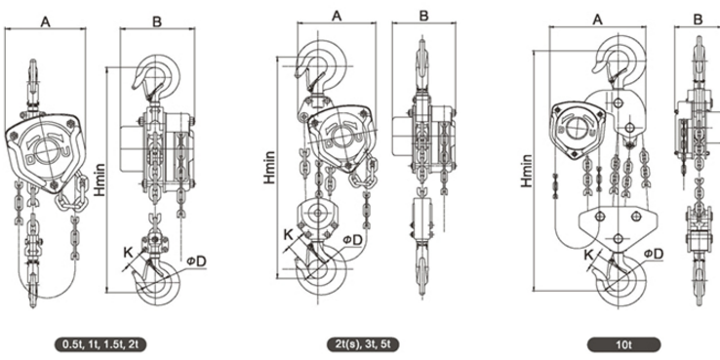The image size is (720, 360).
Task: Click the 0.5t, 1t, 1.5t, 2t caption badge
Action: pyautogui.click(x=100, y=344)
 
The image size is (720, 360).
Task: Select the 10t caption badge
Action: pyautogui.click(x=623, y=344)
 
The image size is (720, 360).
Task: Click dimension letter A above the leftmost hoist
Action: pyautogui.click(x=45, y=21)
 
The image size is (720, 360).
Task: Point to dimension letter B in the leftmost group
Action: pyautogui.click(x=157, y=21)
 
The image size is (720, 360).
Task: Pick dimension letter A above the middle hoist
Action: pyautogui.click(x=337, y=16)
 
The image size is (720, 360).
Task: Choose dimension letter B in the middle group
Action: pyautogui.click(x=423, y=16)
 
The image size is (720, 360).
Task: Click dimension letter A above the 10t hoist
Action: pyautogui.click(x=597, y=19)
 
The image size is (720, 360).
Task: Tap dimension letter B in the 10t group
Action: pyautogui.click(x=698, y=19)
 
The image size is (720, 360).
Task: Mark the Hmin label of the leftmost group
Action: pyautogui.click(x=100, y=180)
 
